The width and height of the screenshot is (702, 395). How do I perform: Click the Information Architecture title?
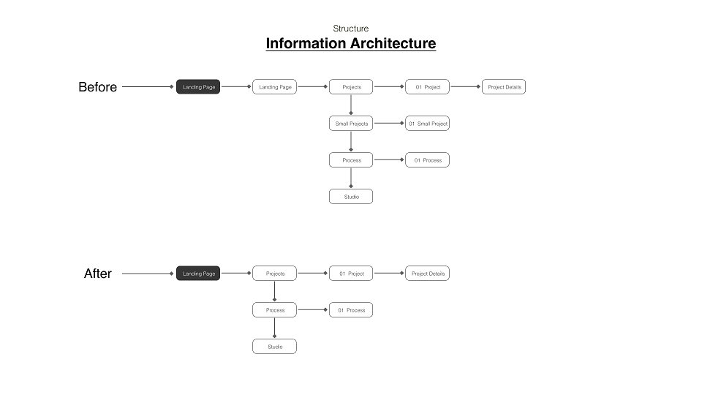point(350,43)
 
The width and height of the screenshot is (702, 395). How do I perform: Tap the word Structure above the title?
point(350,29)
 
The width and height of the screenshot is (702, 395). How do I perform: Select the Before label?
point(97,87)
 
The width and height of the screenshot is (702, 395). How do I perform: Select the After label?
point(97,273)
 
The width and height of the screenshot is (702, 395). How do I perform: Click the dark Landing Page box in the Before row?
point(198,87)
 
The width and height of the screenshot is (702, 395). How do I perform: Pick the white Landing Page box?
point(274,87)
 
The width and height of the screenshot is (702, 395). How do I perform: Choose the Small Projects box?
point(351,123)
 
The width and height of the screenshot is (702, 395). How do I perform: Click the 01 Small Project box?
point(427,123)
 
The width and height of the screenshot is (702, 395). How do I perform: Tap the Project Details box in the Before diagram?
point(504,87)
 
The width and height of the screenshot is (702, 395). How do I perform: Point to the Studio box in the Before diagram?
point(351,197)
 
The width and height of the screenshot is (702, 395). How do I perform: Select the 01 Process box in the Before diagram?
point(427,160)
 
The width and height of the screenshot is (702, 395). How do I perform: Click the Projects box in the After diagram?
point(274,273)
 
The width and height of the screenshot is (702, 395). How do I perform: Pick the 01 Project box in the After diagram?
point(351,273)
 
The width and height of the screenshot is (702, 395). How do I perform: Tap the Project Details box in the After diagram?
point(427,273)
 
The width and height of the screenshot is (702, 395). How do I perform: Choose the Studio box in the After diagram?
point(274,347)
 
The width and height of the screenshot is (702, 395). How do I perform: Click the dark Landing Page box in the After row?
point(198,273)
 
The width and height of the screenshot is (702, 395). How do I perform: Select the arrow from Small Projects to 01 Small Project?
point(389,123)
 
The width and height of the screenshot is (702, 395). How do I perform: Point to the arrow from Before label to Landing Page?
point(148,86)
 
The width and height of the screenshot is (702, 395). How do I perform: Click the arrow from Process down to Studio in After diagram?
point(274,328)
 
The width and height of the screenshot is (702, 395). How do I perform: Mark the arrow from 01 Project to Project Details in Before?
point(466,86)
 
